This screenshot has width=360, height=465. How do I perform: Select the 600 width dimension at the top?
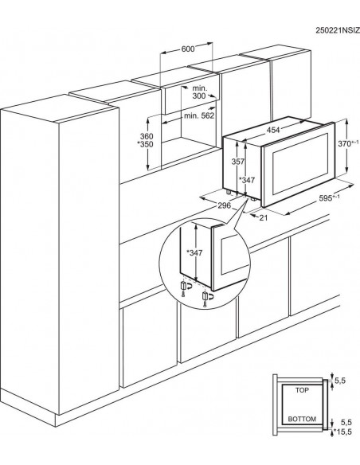pos(188,49)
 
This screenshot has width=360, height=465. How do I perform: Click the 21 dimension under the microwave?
pos(264,216)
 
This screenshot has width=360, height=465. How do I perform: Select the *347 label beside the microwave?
pos(246,180)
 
